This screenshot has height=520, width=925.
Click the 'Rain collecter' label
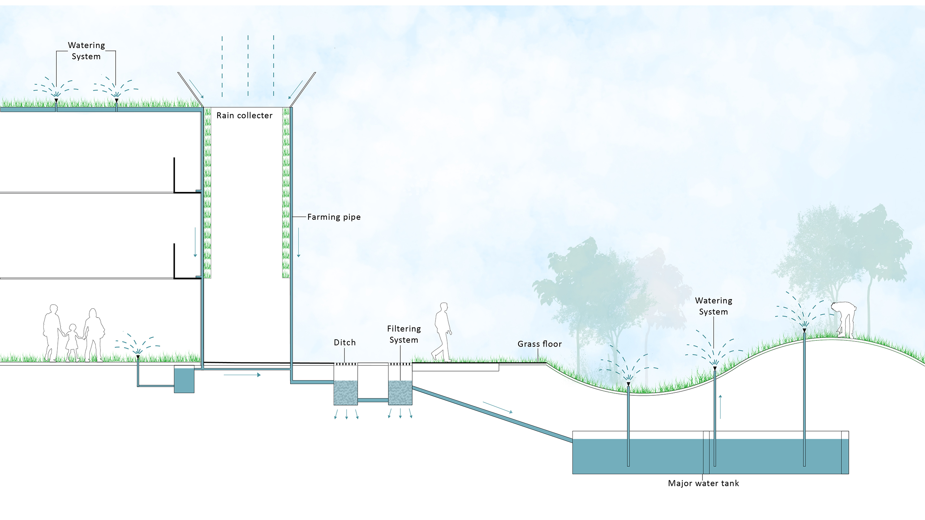[x=244, y=116]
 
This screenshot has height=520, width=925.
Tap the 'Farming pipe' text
[x=334, y=217]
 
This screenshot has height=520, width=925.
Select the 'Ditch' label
[x=345, y=343]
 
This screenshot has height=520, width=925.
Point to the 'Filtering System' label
[x=404, y=334]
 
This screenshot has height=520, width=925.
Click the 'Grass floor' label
[x=539, y=344]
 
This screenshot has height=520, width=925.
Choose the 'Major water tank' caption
[x=703, y=484]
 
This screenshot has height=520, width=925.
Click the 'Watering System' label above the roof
[x=86, y=51]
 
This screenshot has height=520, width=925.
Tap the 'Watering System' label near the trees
[x=714, y=306]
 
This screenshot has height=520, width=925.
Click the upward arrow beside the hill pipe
[x=720, y=407]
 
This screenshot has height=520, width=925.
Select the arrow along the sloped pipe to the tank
[x=498, y=407]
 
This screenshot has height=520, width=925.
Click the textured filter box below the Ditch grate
[x=345, y=392]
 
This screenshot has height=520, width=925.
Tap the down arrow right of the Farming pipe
[x=299, y=242]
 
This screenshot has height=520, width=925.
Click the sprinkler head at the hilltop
[x=804, y=330]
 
